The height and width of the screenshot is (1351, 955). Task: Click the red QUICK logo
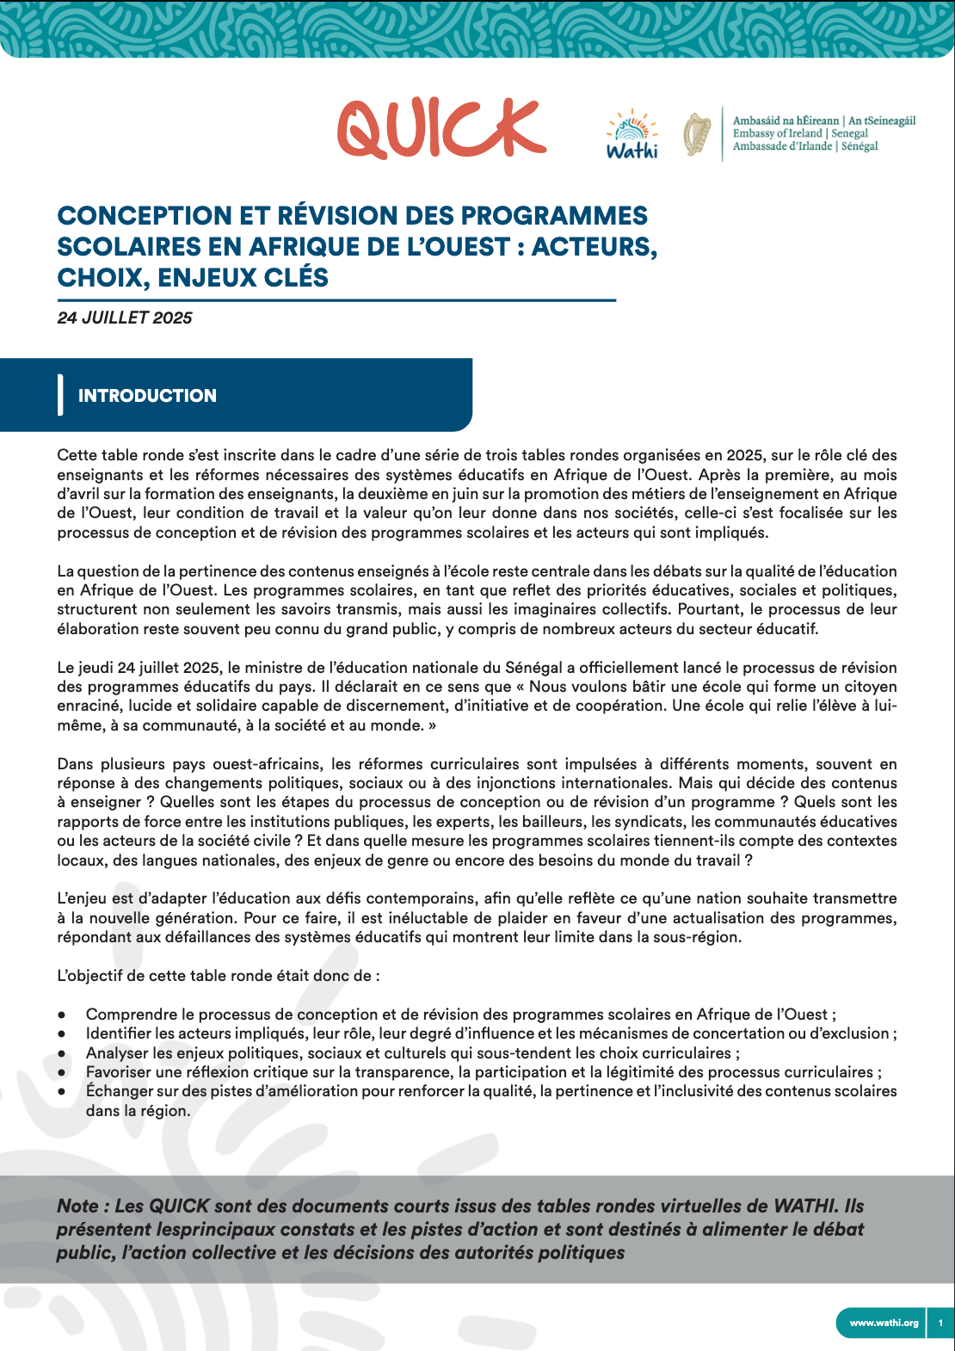tap(441, 129)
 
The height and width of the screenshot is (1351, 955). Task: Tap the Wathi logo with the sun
tap(632, 135)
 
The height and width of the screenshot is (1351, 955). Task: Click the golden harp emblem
tap(697, 134)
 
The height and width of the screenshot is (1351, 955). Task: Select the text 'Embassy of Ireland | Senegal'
tap(800, 133)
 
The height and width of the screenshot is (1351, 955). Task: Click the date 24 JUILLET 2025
tap(125, 318)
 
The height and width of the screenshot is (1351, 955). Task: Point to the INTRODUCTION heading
tap(147, 396)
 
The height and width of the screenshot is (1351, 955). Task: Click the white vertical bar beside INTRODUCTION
tap(60, 395)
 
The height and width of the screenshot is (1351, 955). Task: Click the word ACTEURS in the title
tap(593, 247)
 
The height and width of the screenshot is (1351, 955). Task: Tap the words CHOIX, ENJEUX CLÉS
tap(193, 278)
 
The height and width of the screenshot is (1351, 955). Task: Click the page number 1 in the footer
tap(940, 1323)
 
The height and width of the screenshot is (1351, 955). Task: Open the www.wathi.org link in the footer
tap(884, 1323)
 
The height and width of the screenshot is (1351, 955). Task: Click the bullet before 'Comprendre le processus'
tap(62, 1015)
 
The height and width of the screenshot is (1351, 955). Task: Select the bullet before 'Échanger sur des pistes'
tap(62, 1091)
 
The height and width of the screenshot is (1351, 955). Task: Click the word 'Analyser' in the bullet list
tap(116, 1052)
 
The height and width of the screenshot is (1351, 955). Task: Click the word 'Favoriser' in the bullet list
tap(119, 1072)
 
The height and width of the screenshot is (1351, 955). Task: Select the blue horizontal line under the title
tap(336, 300)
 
